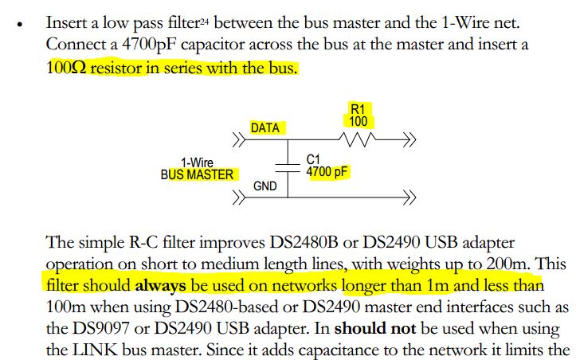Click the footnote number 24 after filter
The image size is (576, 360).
point(204,22)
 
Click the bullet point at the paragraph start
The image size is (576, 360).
point(20,25)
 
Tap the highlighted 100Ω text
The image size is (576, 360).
point(66,68)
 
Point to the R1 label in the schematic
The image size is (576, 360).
point(358,109)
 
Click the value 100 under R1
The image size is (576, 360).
point(358,122)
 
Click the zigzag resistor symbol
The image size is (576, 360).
point(357,139)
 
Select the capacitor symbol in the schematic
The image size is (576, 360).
point(288,167)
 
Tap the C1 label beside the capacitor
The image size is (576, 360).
point(313,159)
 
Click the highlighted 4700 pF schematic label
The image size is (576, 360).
point(327,171)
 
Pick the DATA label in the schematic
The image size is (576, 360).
point(264,128)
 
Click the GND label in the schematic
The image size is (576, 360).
point(264,186)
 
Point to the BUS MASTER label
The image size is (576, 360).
point(197,174)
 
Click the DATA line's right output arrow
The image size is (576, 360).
point(409,139)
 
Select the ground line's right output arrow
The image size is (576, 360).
point(409,198)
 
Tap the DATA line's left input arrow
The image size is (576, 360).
point(239,139)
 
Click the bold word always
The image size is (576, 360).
point(160,286)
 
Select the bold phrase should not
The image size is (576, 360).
point(375,328)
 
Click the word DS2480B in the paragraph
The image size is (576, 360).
point(304,242)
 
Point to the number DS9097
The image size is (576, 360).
point(100,328)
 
